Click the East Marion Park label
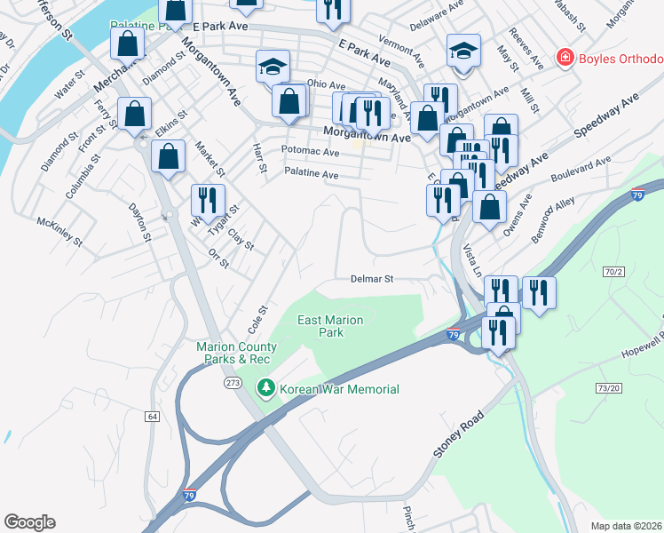(320, 326)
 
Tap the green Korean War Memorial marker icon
(265, 388)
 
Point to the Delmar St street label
(371, 278)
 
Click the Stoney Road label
(459, 434)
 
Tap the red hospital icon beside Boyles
(564, 59)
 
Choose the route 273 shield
(233, 383)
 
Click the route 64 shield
(152, 415)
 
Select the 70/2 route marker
(613, 270)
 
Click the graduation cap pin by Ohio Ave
(273, 66)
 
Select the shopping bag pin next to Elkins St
(134, 114)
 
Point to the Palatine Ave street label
(311, 174)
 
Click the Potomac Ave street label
(310, 152)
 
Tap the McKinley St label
(59, 231)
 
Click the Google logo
(29, 522)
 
